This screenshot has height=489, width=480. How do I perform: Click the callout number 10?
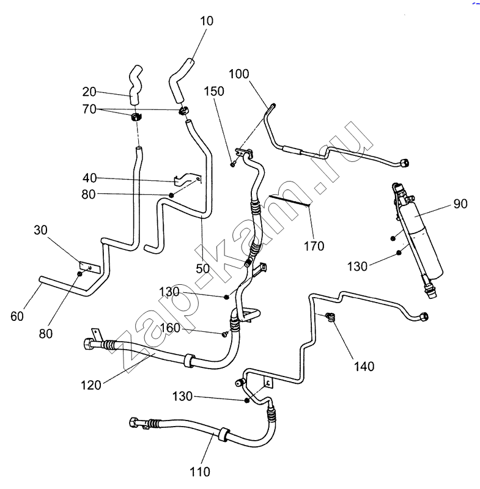click(206, 21)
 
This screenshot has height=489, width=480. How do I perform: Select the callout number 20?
click(90, 92)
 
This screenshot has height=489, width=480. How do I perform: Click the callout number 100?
click(239, 75)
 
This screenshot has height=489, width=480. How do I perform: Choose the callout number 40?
click(90, 178)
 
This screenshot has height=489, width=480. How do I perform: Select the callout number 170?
click(315, 246)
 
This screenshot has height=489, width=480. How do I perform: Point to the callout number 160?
click(171, 328)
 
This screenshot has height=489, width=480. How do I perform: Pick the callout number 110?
click(200, 471)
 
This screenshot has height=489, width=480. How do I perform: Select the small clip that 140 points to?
click(331, 318)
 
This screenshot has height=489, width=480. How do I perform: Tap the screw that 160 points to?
click(226, 334)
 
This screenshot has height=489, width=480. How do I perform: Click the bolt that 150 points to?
click(234, 163)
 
